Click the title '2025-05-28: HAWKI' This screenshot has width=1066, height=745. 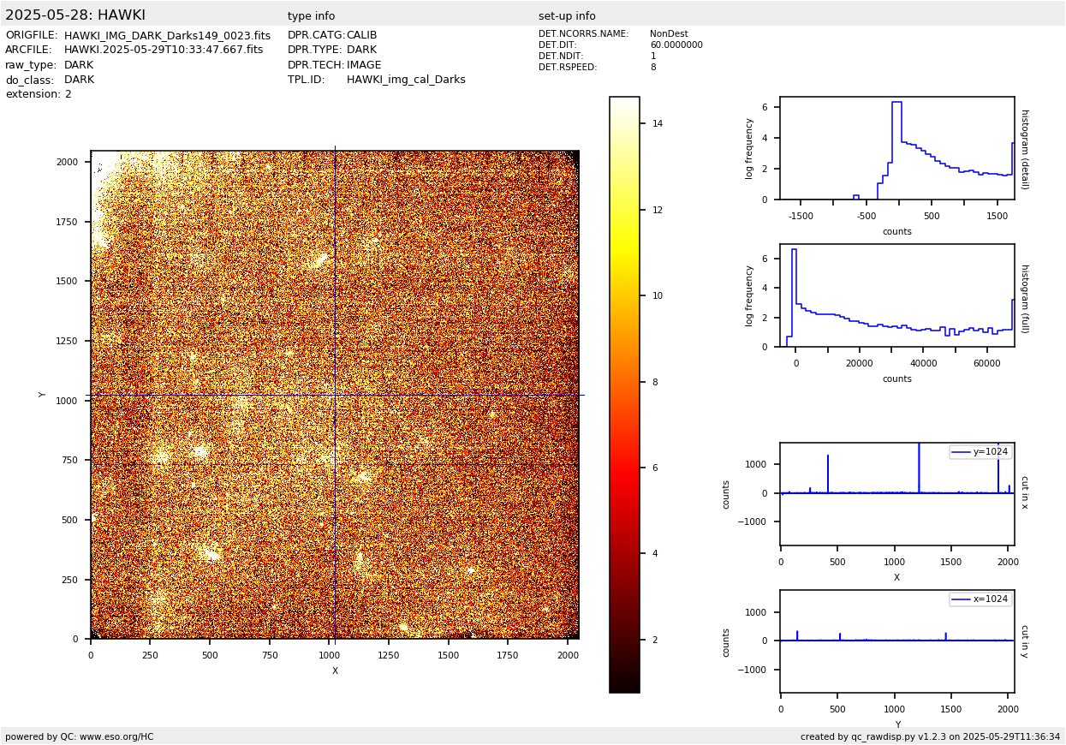click(75, 15)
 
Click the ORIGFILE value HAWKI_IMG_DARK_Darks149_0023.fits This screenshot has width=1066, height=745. click(167, 36)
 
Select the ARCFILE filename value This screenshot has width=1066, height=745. click(164, 51)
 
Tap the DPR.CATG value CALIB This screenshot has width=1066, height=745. click(361, 36)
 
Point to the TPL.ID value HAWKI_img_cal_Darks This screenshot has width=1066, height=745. click(406, 80)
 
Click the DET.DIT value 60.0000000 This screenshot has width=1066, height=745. click(676, 45)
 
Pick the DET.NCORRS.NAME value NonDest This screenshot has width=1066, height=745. click(668, 34)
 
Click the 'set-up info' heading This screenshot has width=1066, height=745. click(567, 16)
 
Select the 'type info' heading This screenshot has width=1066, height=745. click(311, 16)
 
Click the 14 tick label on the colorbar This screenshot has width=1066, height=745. click(658, 123)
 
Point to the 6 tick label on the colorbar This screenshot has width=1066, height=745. click(655, 468)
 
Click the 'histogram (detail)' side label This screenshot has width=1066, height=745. click(1024, 148)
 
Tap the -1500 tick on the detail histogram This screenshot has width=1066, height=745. click(801, 217)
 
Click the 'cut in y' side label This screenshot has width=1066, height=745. click(1024, 641)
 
